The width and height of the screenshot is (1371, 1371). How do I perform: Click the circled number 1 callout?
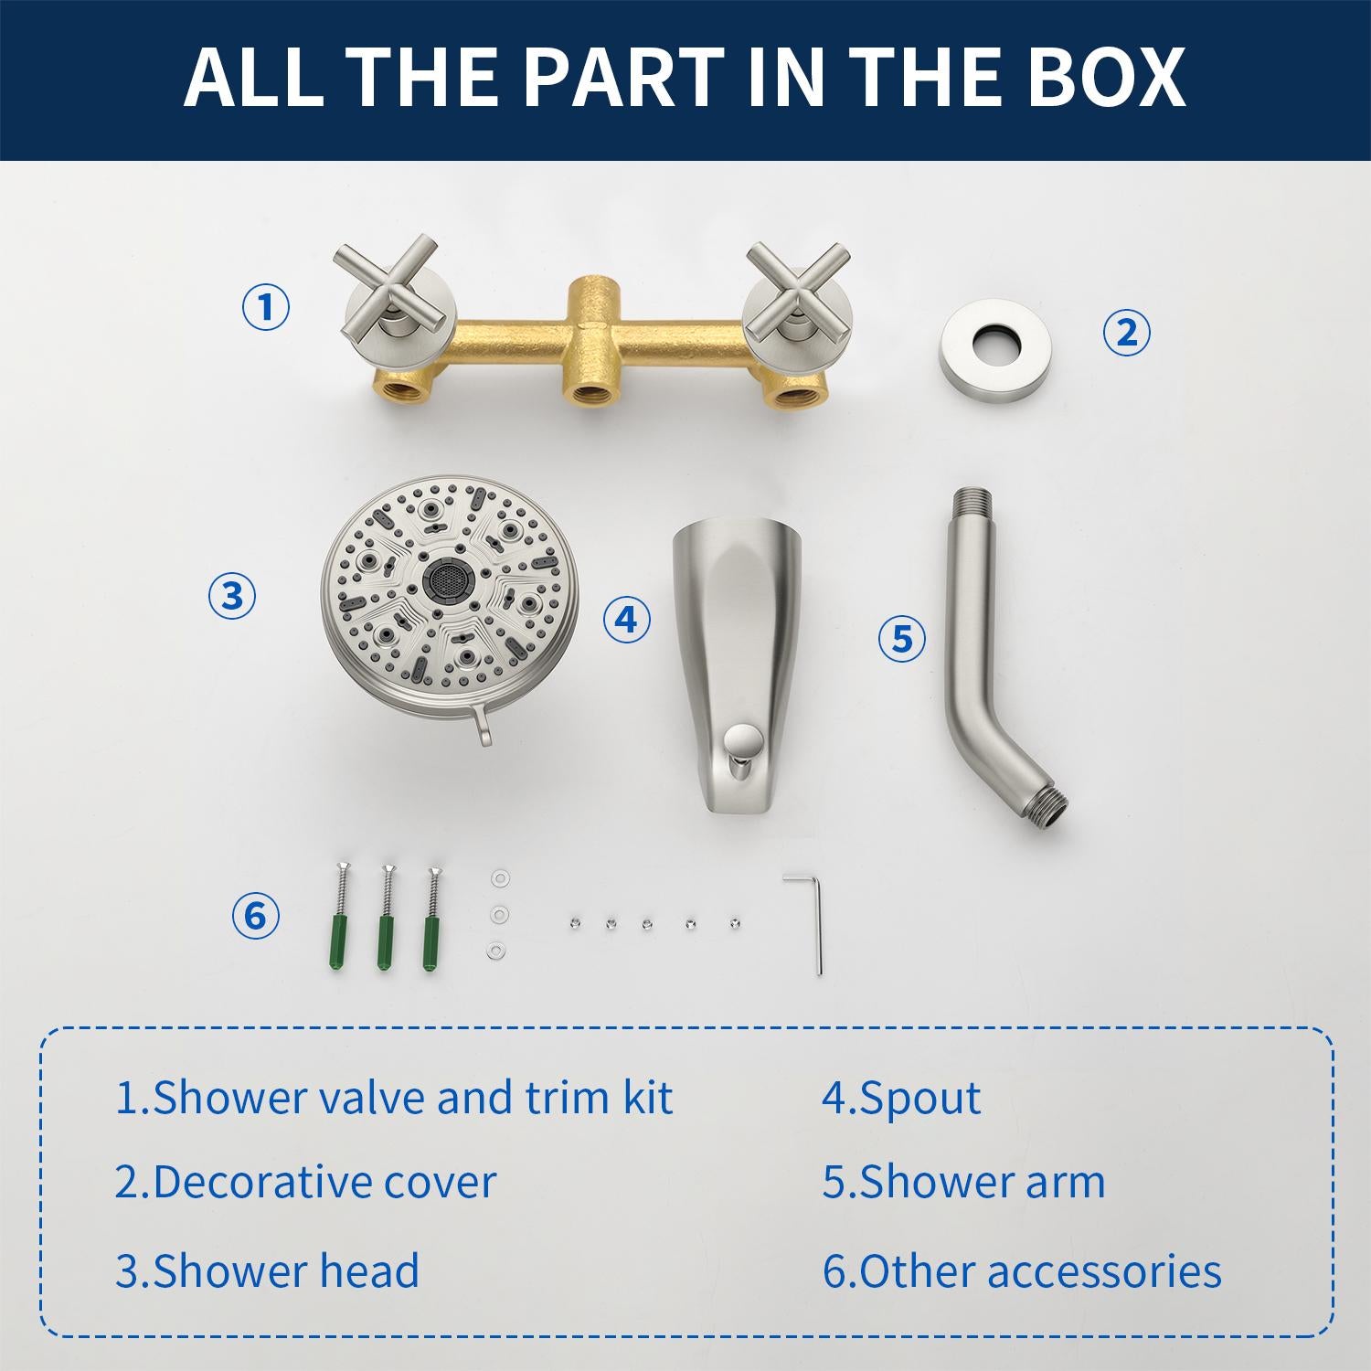click(x=266, y=307)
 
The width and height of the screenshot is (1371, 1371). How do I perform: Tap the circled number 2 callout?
click(x=1126, y=332)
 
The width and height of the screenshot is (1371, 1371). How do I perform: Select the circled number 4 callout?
click(x=626, y=620)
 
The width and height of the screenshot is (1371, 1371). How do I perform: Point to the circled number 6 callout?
click(x=255, y=916)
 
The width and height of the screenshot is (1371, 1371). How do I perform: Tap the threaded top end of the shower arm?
click(x=973, y=505)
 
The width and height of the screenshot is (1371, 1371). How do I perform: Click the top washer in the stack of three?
click(x=498, y=879)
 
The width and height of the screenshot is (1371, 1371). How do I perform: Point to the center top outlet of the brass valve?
click(x=584, y=302)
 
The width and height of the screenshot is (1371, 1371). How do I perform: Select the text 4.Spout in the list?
click(x=901, y=1098)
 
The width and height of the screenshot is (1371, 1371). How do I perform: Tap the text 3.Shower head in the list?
click(x=267, y=1271)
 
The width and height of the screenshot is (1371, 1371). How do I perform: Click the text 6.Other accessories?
click(x=1022, y=1271)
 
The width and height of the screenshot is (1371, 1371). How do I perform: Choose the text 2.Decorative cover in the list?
click(x=305, y=1182)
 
